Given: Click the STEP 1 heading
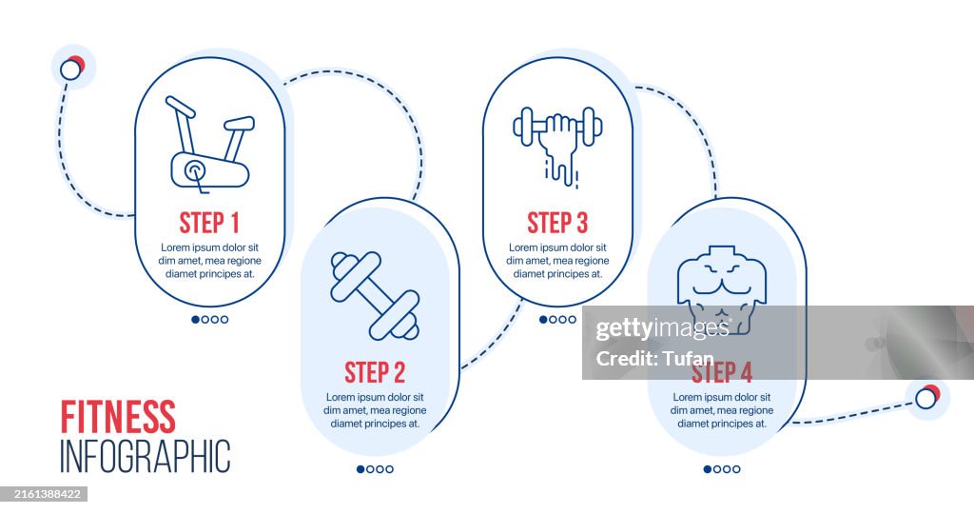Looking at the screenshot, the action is click(x=209, y=223).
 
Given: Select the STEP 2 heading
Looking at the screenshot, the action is click(x=375, y=372).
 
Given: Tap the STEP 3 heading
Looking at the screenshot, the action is click(x=557, y=223).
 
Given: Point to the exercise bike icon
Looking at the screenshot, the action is click(x=210, y=145).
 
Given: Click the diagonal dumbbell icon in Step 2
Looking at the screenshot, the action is click(x=375, y=296).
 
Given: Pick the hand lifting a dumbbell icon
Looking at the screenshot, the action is click(x=557, y=147).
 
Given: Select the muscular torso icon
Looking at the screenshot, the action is click(x=722, y=289).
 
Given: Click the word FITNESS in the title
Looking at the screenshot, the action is click(x=118, y=417).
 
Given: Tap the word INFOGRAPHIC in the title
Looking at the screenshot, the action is click(x=146, y=456).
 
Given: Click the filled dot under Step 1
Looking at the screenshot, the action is click(x=196, y=320).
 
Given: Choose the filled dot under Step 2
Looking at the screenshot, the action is click(x=360, y=469).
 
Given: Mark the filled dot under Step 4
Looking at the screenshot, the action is click(x=708, y=469).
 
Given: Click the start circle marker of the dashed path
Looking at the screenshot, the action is click(x=70, y=69).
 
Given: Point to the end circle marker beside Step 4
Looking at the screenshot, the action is click(x=926, y=398).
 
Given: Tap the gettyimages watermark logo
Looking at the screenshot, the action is click(x=662, y=328).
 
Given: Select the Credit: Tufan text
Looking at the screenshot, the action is click(x=654, y=358).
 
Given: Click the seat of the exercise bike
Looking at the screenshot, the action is click(x=239, y=123).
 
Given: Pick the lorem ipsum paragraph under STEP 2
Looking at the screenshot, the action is click(x=375, y=410).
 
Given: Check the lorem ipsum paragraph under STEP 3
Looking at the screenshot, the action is click(x=557, y=261).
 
